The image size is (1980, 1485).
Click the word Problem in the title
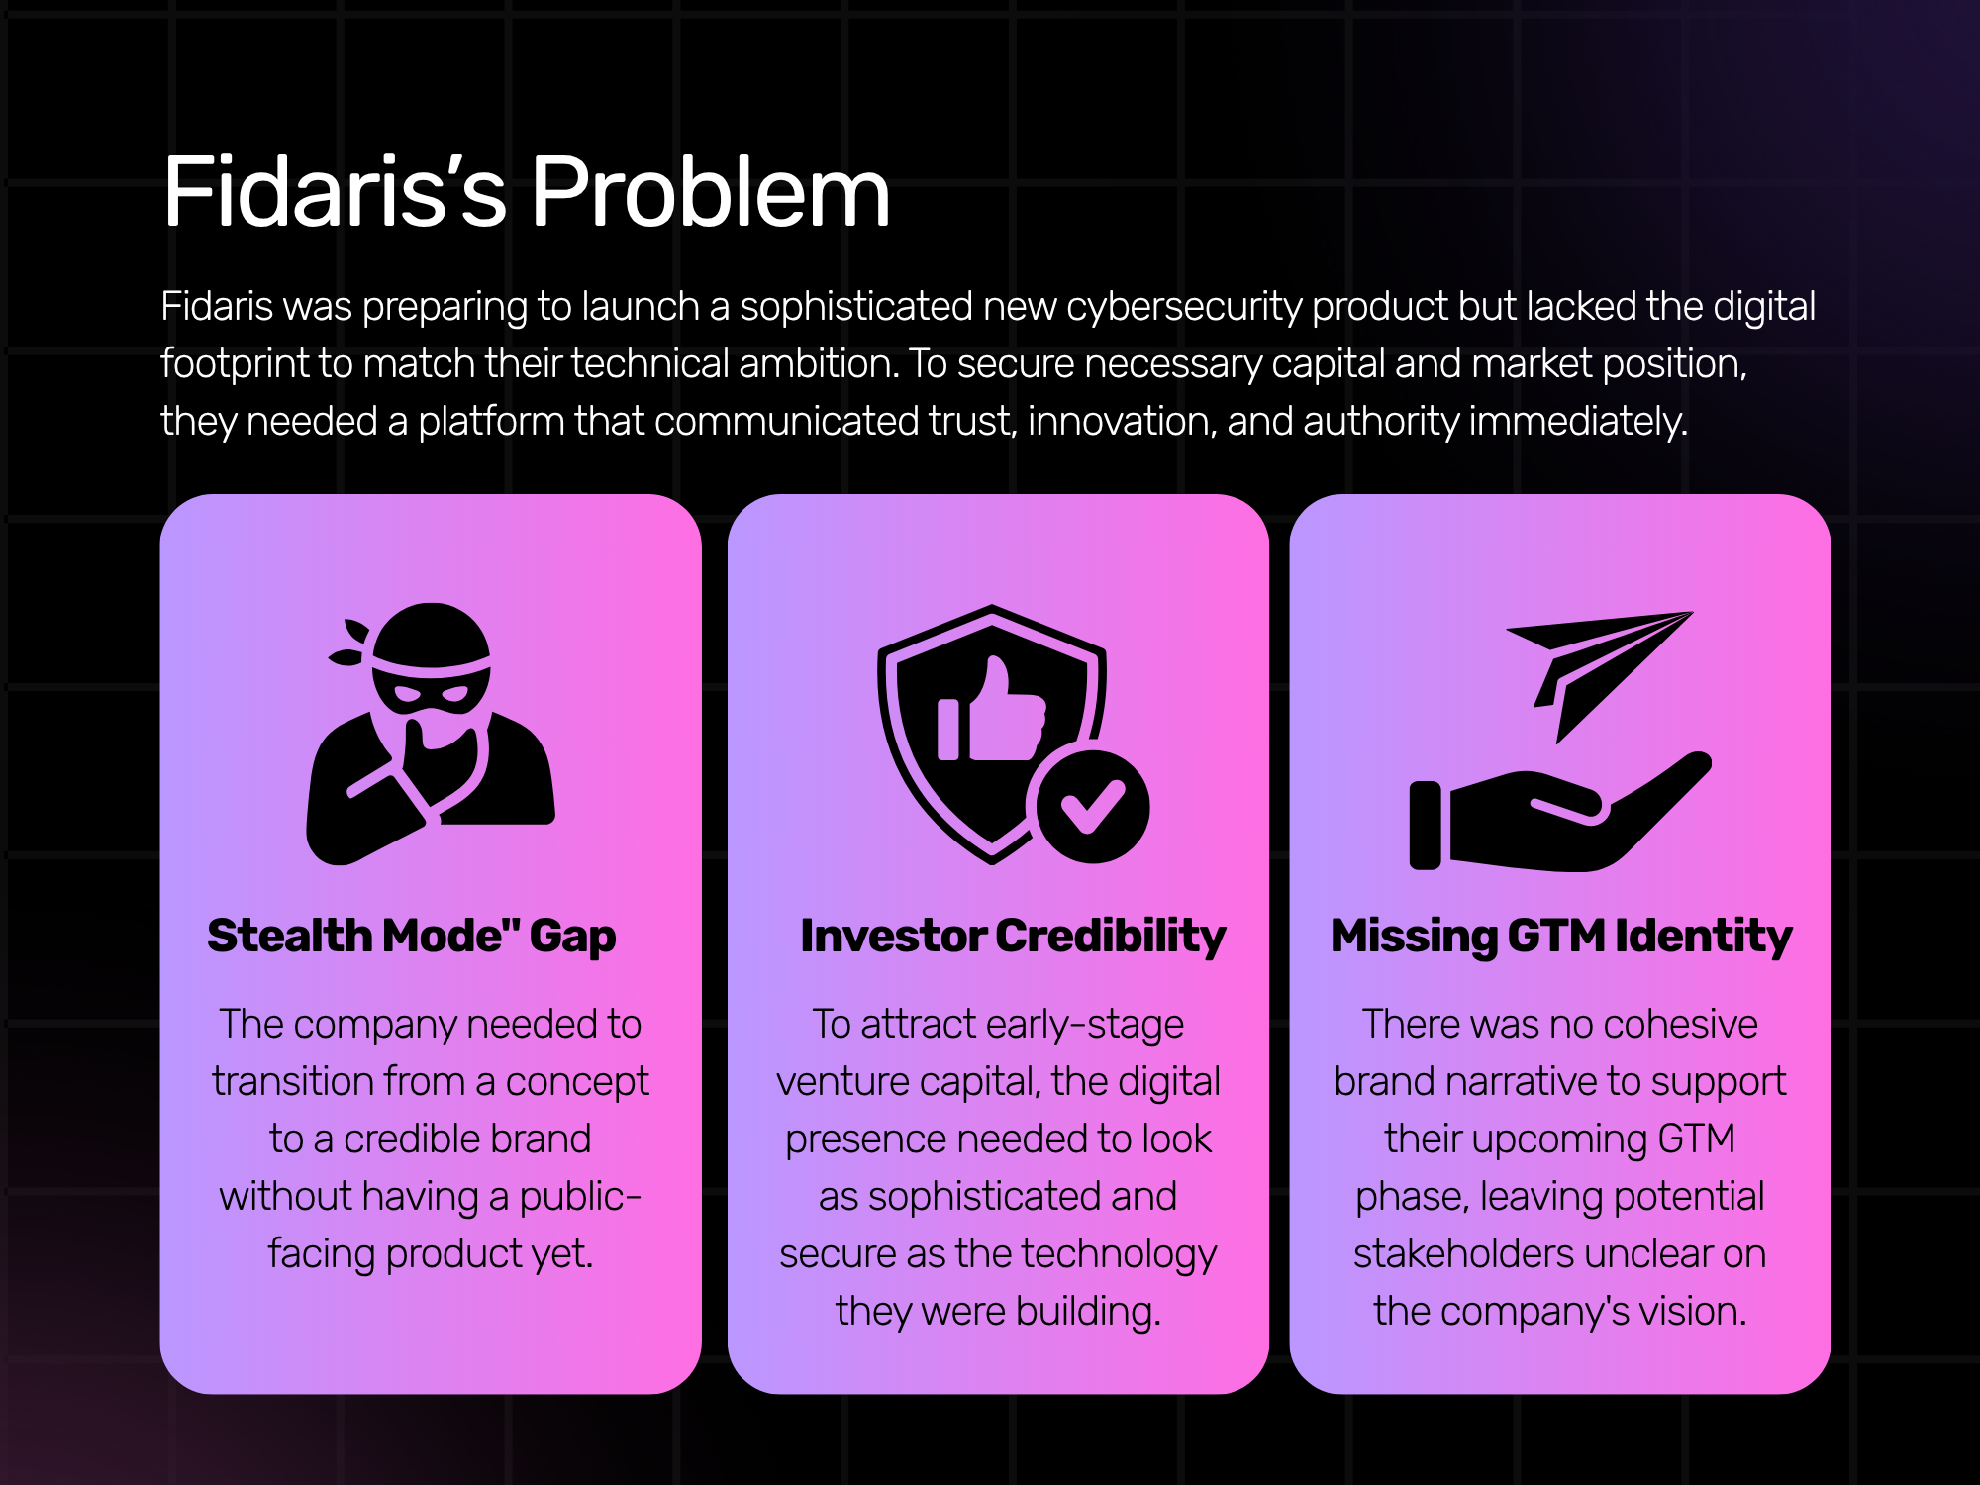711,192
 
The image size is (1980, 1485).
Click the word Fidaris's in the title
335,192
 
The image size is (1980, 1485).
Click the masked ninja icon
431,734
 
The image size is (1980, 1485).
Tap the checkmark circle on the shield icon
1092,806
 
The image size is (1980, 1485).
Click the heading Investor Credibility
1013,937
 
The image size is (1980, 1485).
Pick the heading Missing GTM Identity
1561,937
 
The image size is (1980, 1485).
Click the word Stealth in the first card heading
289,936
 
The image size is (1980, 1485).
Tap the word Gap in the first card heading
572,938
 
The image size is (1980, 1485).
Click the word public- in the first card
580,1198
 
